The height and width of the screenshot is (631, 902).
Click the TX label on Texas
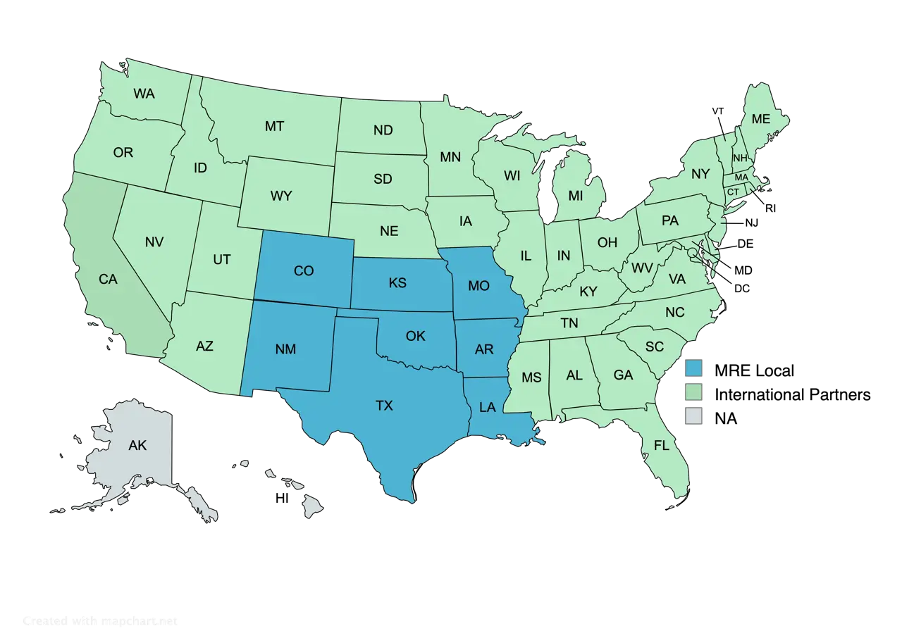[384, 406]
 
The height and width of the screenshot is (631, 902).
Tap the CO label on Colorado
[304, 270]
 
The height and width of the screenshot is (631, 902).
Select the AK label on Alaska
[137, 445]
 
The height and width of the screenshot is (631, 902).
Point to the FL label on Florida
[661, 445]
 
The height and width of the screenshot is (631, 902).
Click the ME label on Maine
[760, 120]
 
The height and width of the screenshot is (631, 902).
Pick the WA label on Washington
[144, 93]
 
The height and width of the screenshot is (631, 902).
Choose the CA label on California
[108, 280]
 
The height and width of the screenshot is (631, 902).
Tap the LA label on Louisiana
[488, 407]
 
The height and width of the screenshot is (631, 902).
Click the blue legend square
[693, 367]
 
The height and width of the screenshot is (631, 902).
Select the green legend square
[693, 392]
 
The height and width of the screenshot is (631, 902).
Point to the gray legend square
[693, 416]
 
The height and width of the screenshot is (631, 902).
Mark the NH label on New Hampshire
[739, 158]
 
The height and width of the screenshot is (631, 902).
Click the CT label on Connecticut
[734, 192]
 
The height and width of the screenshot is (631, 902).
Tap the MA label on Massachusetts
[741, 177]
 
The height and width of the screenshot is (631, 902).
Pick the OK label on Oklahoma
[416, 336]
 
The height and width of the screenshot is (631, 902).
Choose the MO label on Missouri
[478, 285]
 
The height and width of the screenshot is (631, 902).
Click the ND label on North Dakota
[383, 130]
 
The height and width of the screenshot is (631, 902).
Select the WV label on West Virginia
[641, 268]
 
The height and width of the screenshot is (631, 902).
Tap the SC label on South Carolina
[655, 346]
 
